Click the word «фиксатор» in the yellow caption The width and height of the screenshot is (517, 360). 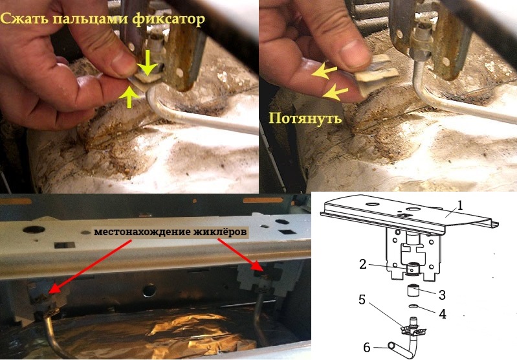[x=169, y=20]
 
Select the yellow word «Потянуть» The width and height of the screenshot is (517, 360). [x=305, y=118]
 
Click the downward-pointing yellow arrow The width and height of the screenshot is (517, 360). [x=147, y=62]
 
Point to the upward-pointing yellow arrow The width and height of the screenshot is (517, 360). [x=130, y=97]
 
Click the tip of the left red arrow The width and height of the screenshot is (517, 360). [x=49, y=293]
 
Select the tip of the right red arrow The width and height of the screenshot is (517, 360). [x=263, y=271]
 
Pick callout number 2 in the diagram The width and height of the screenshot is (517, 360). [x=363, y=264]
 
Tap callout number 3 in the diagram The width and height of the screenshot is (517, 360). [x=442, y=295]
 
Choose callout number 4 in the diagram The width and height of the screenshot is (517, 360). [x=443, y=314]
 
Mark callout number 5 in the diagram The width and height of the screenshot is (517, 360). [x=362, y=300]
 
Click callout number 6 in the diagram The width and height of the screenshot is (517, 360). [x=367, y=347]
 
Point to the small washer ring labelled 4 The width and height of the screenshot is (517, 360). [x=413, y=306]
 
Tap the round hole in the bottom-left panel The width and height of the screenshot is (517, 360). [x=33, y=229]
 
